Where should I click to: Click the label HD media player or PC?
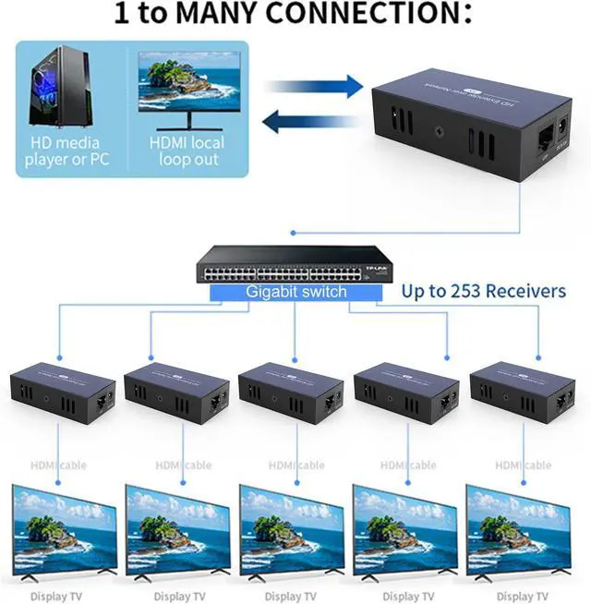point(63,151)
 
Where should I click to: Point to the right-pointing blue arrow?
point(314,88)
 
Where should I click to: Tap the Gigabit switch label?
point(296,292)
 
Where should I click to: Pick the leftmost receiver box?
point(63,393)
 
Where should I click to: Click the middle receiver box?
point(292,393)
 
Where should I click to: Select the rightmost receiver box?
point(523,393)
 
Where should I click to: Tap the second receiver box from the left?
point(177,393)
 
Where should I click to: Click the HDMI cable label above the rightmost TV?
point(523,465)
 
